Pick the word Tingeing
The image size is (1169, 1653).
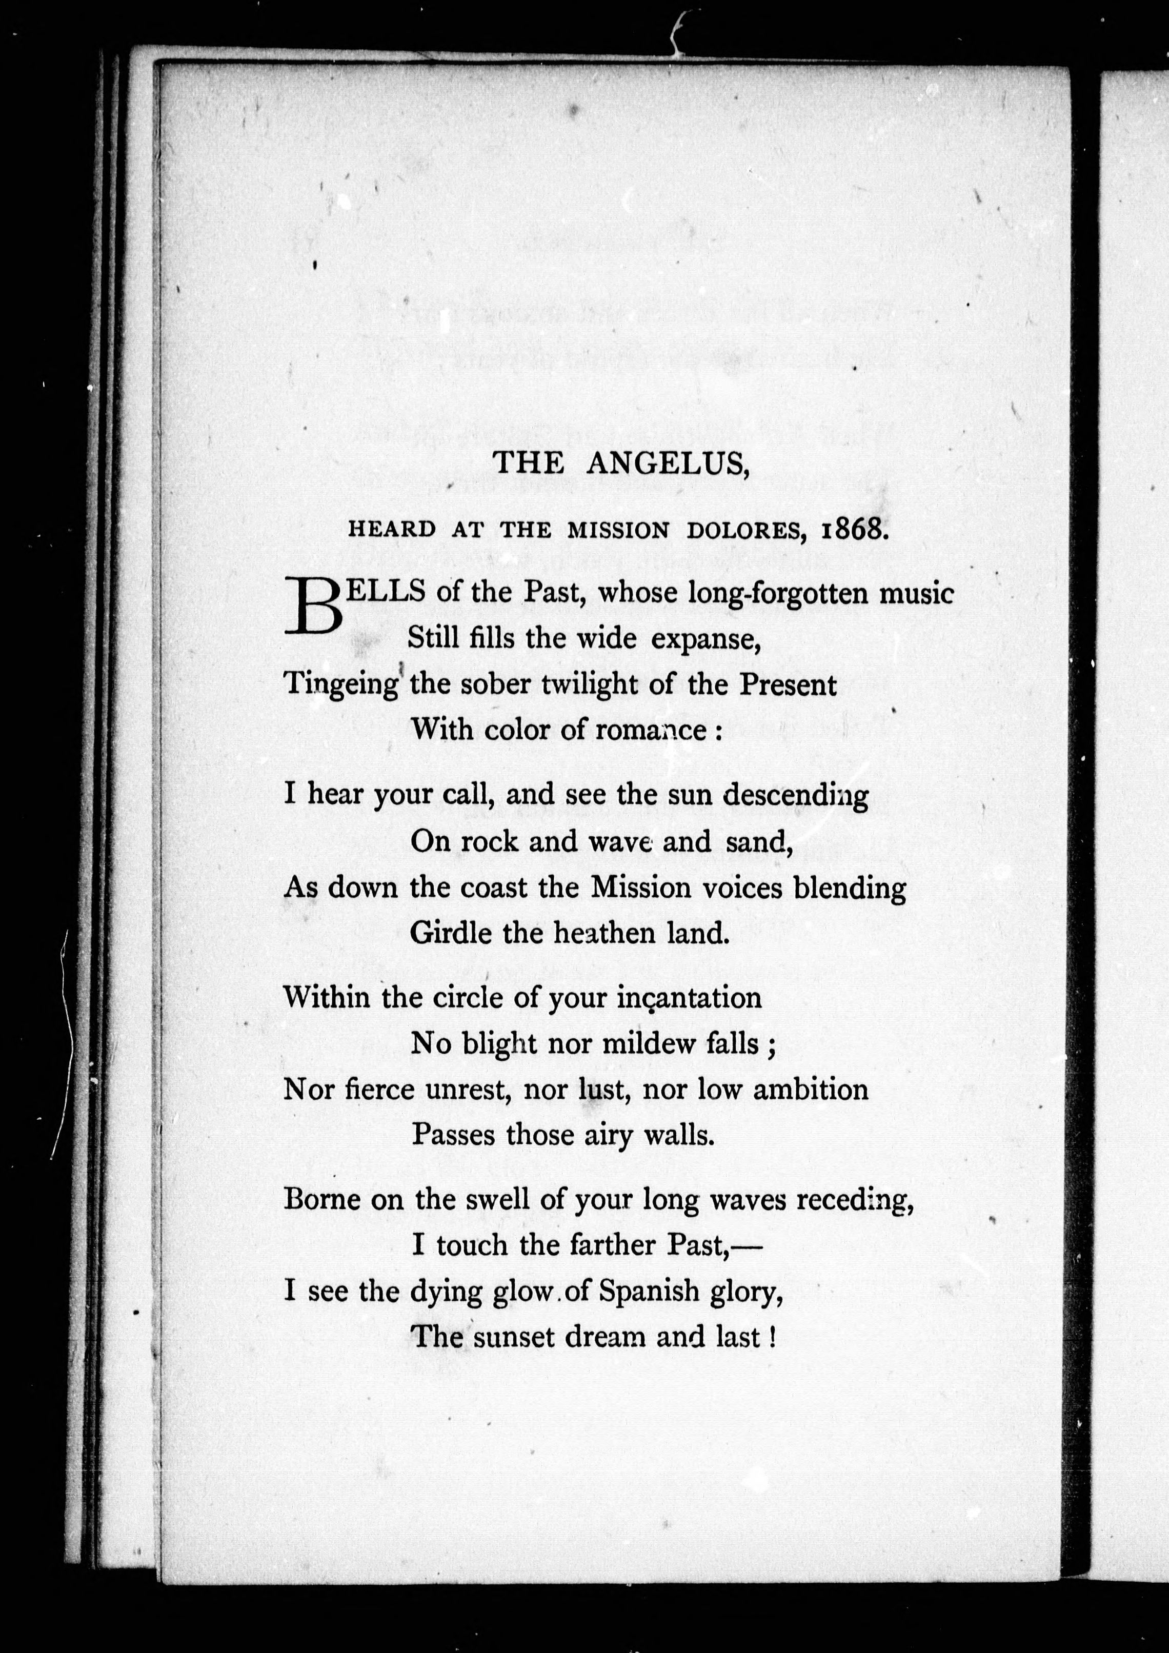[341, 684]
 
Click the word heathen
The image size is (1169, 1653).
[604, 934]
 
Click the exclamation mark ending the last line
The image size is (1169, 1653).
[772, 1337]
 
